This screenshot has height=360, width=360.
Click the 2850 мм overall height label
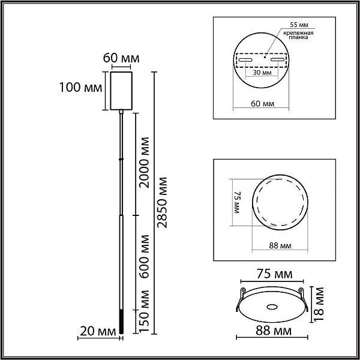click(x=162, y=203)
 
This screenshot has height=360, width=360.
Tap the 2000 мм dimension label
click(x=145, y=163)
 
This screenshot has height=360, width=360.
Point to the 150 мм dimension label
click(x=145, y=311)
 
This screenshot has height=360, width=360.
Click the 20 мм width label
click(x=98, y=331)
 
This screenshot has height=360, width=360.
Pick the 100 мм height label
click(x=80, y=87)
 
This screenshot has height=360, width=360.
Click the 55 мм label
click(x=299, y=25)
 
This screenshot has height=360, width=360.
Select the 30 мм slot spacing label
click(x=262, y=73)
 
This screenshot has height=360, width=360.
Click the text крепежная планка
click(x=298, y=35)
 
